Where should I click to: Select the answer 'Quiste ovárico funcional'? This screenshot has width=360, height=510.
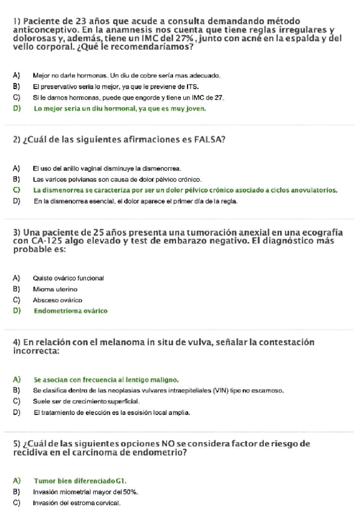tap(69, 278)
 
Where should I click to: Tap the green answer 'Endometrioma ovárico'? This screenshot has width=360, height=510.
tap(70, 311)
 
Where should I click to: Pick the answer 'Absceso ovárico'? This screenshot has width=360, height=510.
tap(58, 300)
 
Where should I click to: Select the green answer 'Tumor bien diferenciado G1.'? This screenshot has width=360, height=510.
tap(81, 481)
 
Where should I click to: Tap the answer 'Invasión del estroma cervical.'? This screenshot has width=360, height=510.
tap(76, 502)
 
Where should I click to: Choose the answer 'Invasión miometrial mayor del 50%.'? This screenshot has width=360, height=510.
tap(85, 491)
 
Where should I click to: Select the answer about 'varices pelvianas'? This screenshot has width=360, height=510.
tap(117, 179)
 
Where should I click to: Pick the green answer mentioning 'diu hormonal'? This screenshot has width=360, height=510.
tap(120, 109)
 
